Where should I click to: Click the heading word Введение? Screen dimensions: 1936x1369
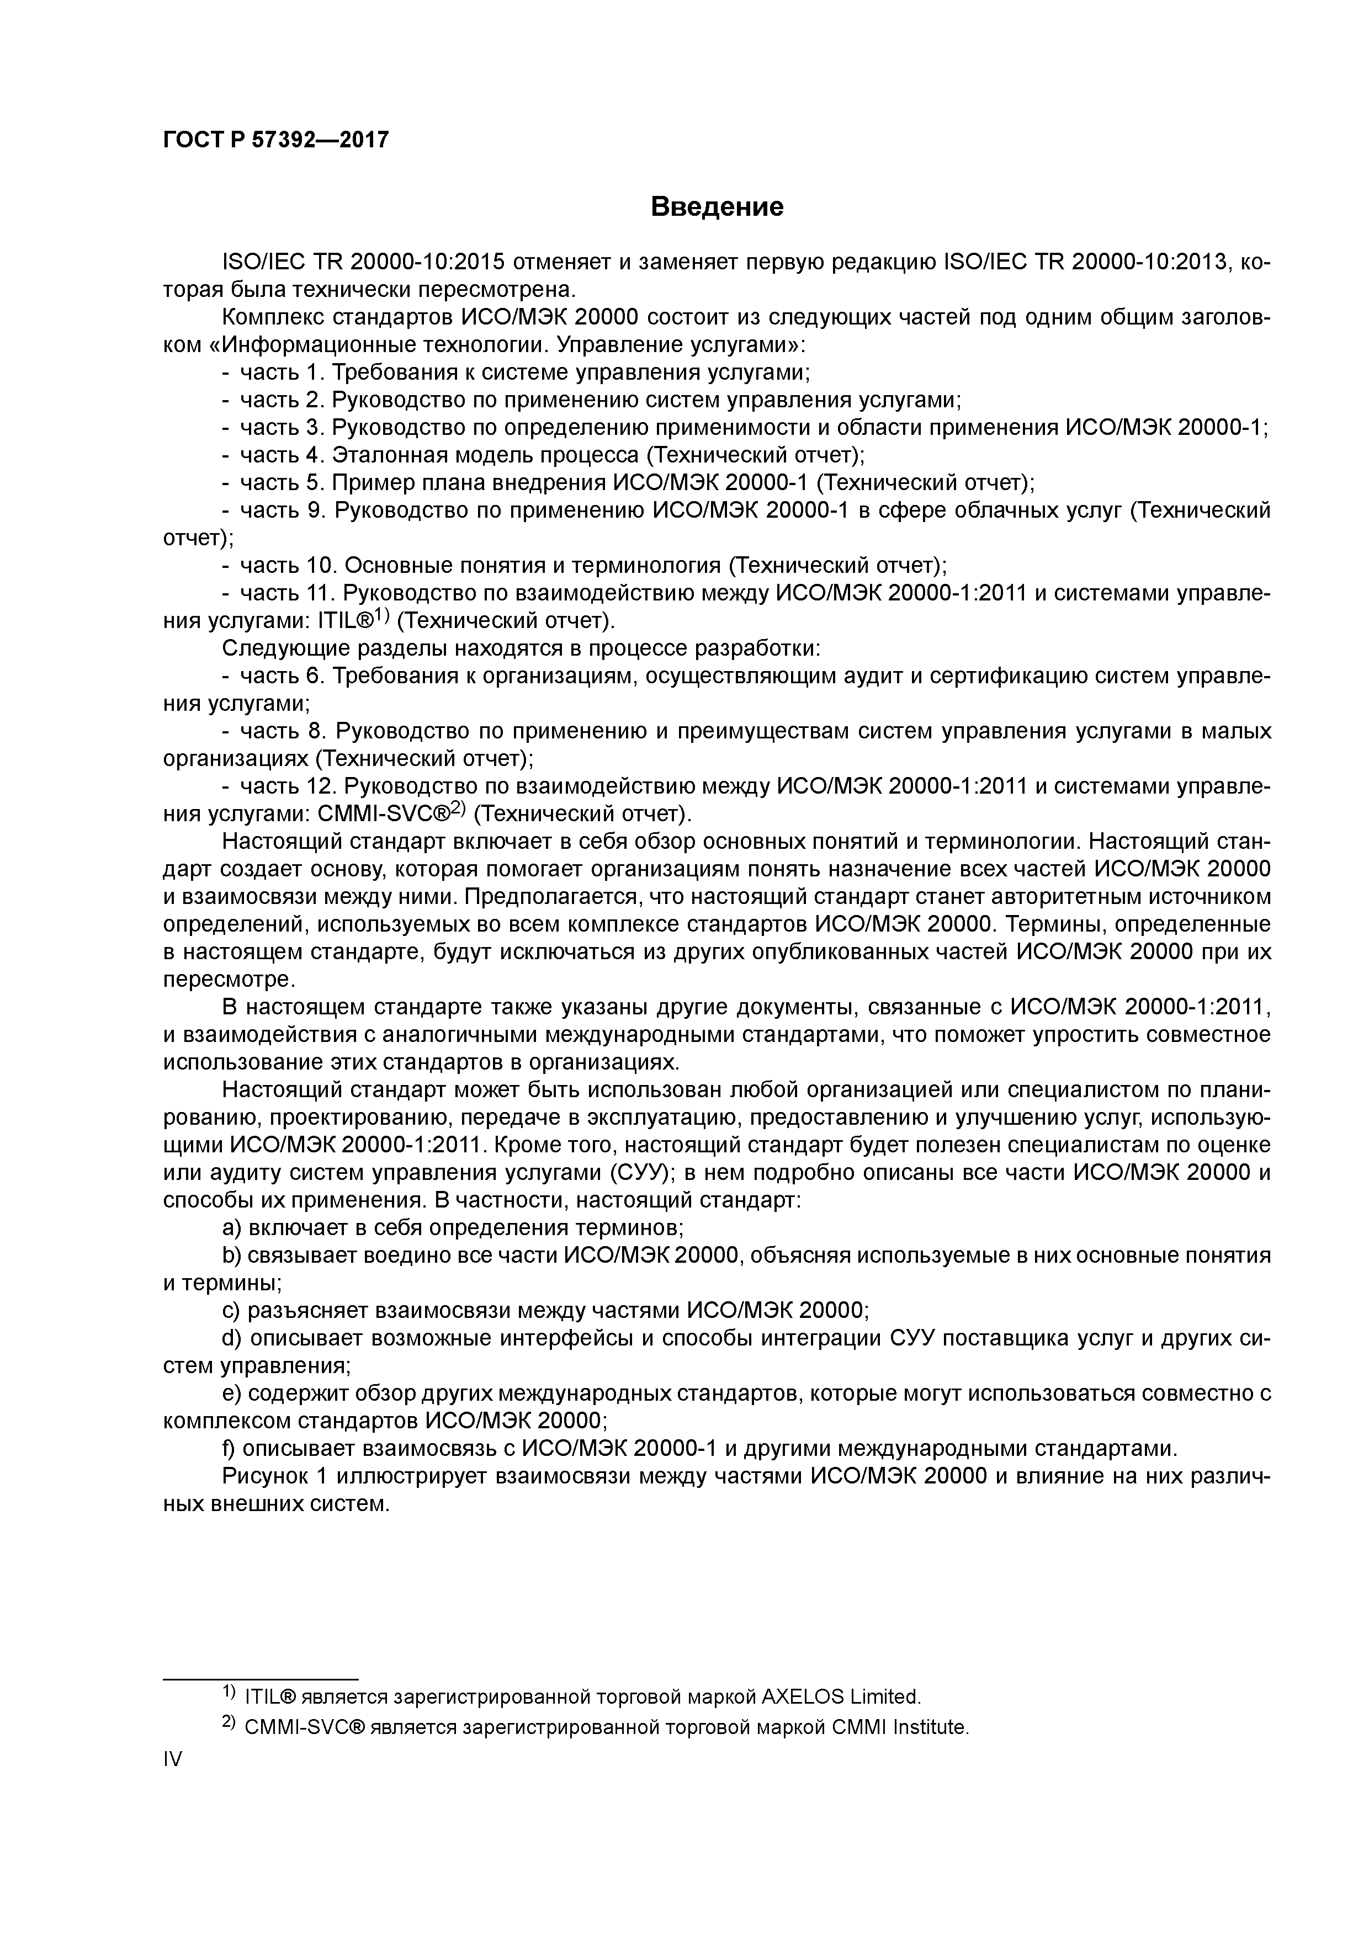click(717, 206)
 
